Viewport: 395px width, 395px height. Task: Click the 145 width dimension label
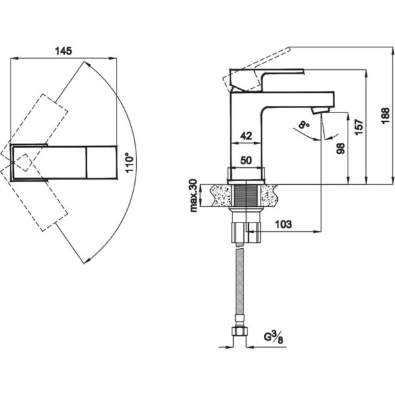[x=63, y=51]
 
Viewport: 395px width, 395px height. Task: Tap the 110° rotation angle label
[x=130, y=163]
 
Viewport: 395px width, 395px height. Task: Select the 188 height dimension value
[x=385, y=116]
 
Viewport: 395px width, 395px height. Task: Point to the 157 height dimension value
[x=359, y=126]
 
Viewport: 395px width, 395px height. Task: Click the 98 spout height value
[x=340, y=149]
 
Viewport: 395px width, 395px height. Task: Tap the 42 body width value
[x=246, y=136]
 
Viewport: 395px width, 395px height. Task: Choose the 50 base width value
[x=246, y=160]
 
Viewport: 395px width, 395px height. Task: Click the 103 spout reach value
[x=283, y=224]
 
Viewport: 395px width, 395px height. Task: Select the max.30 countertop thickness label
[x=194, y=196]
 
